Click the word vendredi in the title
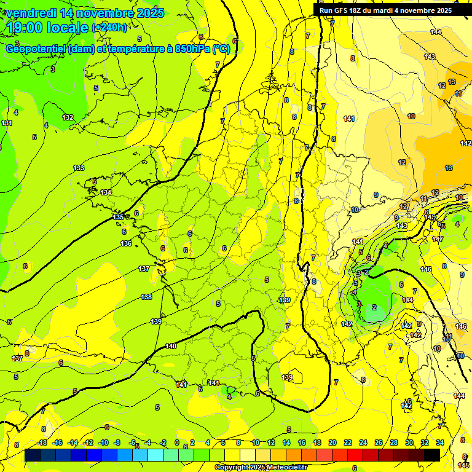click(31, 13)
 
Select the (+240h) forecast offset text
click(109, 28)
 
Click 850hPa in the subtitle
click(193, 49)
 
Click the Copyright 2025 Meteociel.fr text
click(261, 468)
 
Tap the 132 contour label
click(68, 117)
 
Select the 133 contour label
click(79, 168)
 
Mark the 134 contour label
click(106, 192)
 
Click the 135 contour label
click(119, 218)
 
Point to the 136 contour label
click(126, 244)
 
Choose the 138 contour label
click(146, 297)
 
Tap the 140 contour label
click(171, 347)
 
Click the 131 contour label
click(7, 123)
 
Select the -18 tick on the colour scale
click(42, 442)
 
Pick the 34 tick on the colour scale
click(440, 442)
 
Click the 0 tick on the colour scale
click(177, 442)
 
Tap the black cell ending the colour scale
click(432, 455)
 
